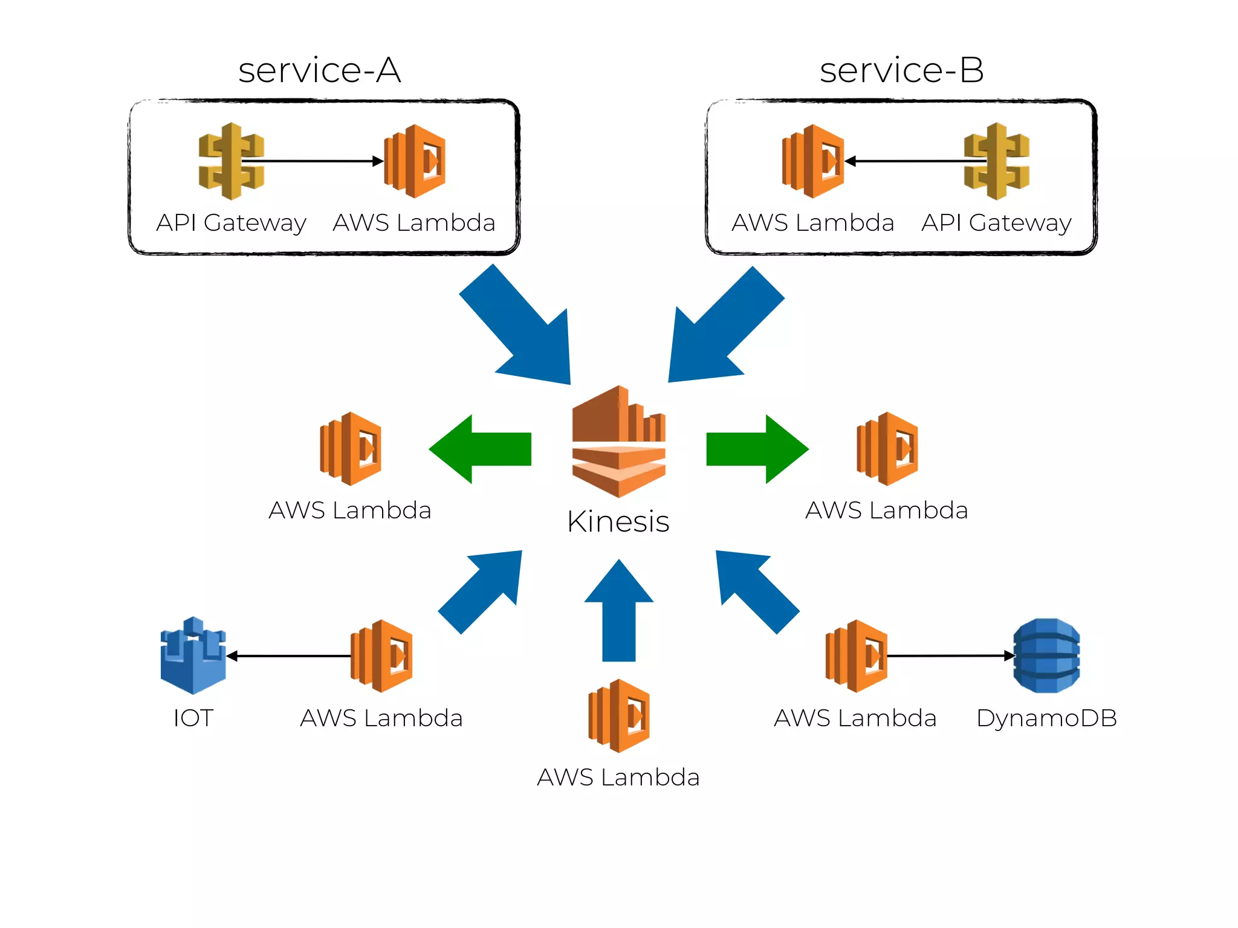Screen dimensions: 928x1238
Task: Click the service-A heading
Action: (x=319, y=70)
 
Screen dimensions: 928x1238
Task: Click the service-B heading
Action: (x=901, y=70)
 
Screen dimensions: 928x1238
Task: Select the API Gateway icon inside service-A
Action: (x=231, y=161)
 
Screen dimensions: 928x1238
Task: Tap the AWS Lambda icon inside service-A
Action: (x=415, y=161)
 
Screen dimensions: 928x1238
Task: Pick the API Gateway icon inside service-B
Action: (x=996, y=161)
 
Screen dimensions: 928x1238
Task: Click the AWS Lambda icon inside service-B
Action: (x=813, y=161)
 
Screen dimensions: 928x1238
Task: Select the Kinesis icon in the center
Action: (x=618, y=442)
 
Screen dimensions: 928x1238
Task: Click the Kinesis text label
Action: (x=618, y=521)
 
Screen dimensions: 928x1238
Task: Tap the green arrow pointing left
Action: (x=481, y=449)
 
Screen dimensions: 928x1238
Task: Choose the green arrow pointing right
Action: (x=757, y=449)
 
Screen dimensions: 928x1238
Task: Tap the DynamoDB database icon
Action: (x=1046, y=656)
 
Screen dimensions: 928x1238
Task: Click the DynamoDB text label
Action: (x=1046, y=718)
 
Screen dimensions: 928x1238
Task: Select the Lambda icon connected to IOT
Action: (x=381, y=656)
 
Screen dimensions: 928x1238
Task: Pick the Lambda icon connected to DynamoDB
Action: (x=856, y=656)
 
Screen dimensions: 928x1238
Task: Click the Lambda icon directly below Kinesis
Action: (x=619, y=716)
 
